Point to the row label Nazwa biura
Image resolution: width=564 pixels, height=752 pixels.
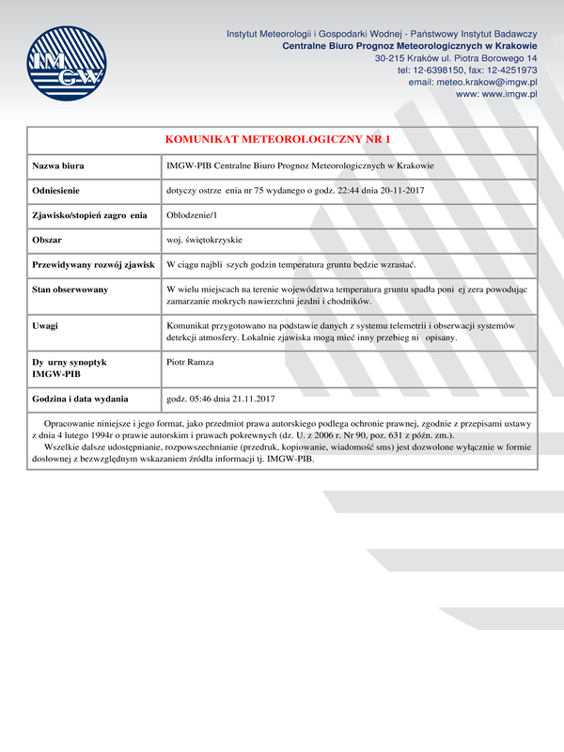(x=58, y=166)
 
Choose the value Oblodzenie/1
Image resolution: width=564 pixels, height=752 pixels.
(x=191, y=216)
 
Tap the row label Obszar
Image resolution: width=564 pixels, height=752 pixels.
(x=47, y=241)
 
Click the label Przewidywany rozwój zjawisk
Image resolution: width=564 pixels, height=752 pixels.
(x=93, y=265)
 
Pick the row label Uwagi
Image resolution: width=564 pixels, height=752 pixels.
(x=45, y=325)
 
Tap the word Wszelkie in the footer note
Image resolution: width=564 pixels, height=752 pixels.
(x=61, y=448)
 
